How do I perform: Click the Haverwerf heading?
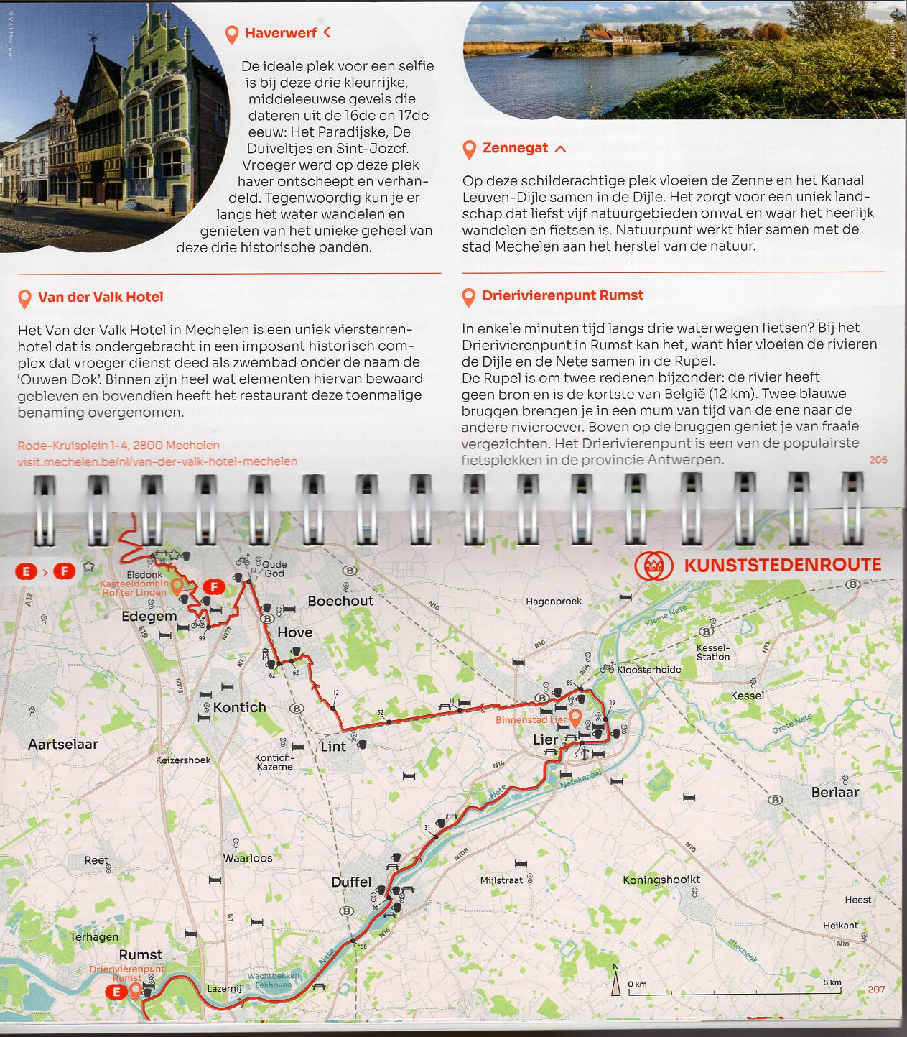coord(280,33)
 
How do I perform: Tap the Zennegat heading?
coord(515,148)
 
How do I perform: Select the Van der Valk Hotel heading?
coord(101,297)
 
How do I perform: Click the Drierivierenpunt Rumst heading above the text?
coord(562,295)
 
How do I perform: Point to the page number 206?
coord(878,460)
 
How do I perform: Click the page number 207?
coord(876,990)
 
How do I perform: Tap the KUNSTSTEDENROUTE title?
coord(782,565)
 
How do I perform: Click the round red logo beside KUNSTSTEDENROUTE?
coord(653,566)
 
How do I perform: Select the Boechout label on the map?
coord(340,601)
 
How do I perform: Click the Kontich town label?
coord(239,707)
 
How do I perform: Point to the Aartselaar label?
coord(62,745)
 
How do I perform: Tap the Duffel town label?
coord(351,882)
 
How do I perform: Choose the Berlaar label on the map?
coord(834,792)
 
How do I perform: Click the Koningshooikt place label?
coord(661,880)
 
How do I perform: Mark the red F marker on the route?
coord(213,587)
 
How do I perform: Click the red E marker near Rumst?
coord(115,992)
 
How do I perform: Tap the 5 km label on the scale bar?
coord(832,982)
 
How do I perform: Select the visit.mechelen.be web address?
coord(157,461)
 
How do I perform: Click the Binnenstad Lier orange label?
coord(531,719)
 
